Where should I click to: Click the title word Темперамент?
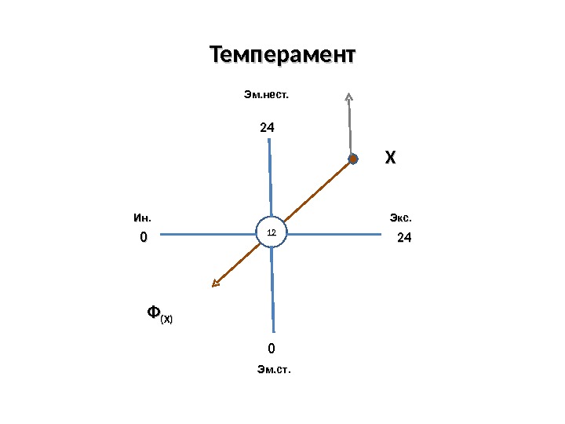pyautogui.click(x=282, y=56)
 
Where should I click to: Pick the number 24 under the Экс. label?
pyautogui.click(x=403, y=237)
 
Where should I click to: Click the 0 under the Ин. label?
pyautogui.click(x=143, y=237)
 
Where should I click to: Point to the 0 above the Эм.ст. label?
pyautogui.click(x=272, y=348)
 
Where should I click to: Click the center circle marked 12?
pyautogui.click(x=272, y=233)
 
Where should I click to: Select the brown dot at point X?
pyautogui.click(x=352, y=159)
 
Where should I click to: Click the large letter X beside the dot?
pyautogui.click(x=389, y=159)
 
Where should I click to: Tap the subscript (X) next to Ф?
pyautogui.click(x=167, y=319)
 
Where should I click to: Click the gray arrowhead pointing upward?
pyautogui.click(x=348, y=98)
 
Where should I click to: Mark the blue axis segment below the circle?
pyautogui.click(x=273, y=291)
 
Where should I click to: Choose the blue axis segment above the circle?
pyautogui.click(x=270, y=177)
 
